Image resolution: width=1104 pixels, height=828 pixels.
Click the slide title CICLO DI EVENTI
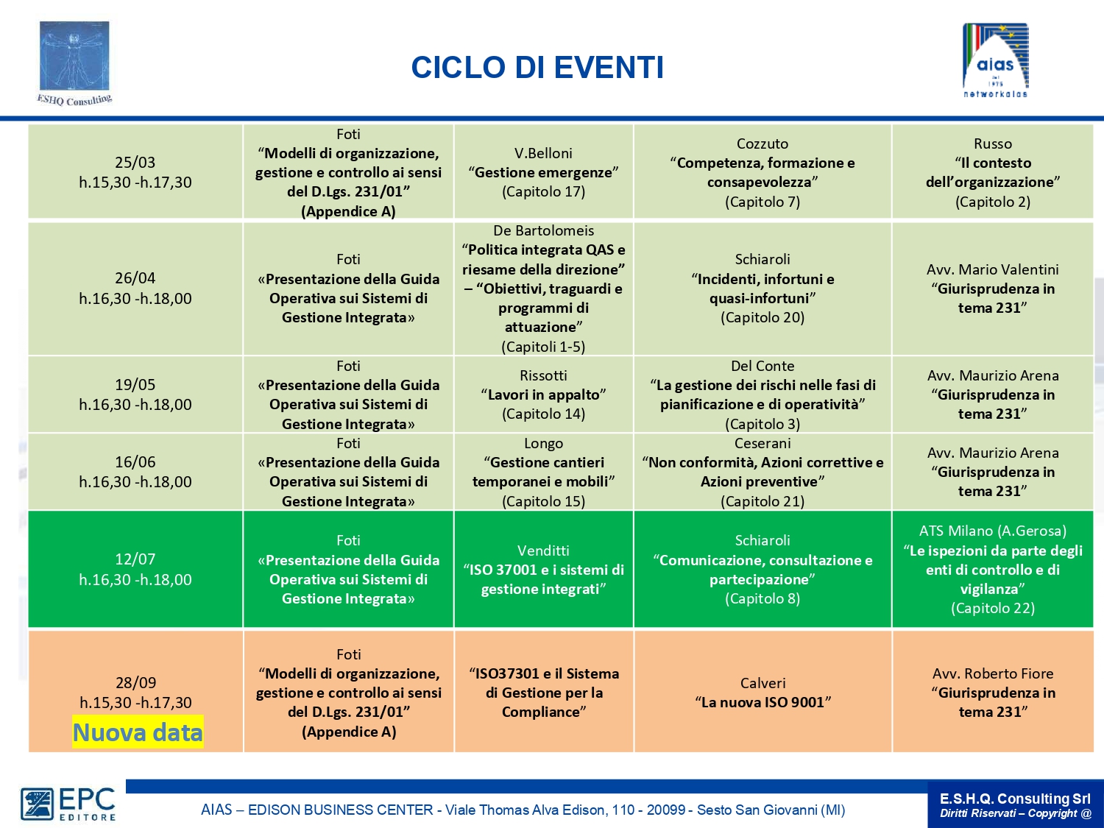coord(537,68)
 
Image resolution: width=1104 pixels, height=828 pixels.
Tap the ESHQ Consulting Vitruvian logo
coord(74,63)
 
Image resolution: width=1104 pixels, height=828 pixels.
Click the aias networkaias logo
coord(995,60)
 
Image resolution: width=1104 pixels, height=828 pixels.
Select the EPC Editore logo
coord(68,804)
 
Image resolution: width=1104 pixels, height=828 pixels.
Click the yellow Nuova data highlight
coord(138,732)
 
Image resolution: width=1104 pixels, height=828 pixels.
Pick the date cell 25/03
coord(135,172)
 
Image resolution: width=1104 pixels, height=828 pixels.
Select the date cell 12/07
coord(135,569)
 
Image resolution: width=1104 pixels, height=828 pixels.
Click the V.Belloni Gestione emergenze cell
coord(544,172)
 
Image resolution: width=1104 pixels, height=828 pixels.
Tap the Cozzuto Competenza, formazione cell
coord(762,172)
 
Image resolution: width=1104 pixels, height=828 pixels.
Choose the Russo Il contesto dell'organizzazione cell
coord(993,172)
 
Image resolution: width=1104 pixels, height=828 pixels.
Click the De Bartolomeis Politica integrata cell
coord(544,289)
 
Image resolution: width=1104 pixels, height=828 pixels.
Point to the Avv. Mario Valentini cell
coord(993,289)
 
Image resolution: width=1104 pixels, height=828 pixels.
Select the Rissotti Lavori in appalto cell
coord(544,394)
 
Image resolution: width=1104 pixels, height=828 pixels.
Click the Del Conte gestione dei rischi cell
coord(762,394)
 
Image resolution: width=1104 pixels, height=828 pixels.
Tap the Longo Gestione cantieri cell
coord(544,472)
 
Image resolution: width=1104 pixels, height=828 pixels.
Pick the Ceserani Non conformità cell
coord(762,472)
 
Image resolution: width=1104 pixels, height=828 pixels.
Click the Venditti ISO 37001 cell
coord(544,569)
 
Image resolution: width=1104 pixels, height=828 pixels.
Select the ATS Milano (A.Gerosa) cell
coord(993,569)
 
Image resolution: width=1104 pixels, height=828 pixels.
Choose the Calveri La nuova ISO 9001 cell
coord(762,692)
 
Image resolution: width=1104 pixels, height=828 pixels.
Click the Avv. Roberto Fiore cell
coord(993,692)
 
